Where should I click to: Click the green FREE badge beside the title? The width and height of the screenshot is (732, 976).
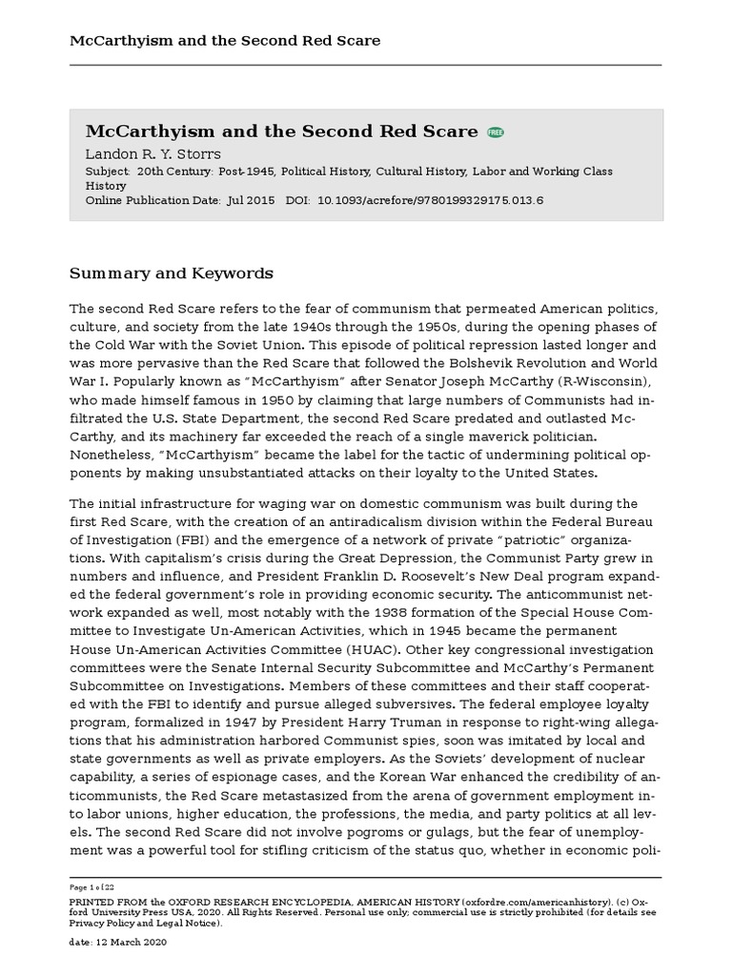point(496,132)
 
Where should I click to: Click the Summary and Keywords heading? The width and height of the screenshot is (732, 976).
point(172,274)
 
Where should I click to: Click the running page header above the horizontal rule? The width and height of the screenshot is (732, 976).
point(225,40)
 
